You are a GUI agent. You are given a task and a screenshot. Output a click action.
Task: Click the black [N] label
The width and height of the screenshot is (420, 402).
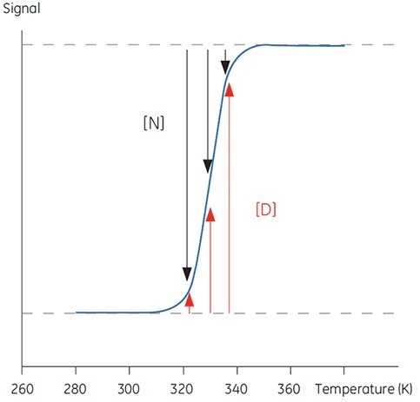(153, 123)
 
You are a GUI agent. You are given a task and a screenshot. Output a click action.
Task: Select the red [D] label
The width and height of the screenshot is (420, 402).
(266, 209)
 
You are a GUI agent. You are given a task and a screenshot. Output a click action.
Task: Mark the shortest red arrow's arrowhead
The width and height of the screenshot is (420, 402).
(190, 299)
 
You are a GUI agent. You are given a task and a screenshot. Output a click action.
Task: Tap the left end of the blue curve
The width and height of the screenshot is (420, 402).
(77, 312)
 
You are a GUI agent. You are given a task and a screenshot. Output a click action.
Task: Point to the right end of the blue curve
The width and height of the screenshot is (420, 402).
(344, 45)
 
